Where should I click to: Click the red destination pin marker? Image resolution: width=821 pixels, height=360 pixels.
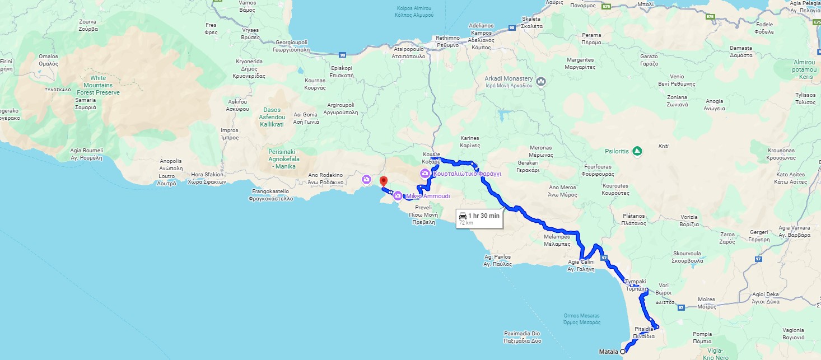pyautogui.click(x=384, y=181)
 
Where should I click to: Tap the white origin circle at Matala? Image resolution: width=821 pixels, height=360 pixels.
pyautogui.click(x=623, y=352)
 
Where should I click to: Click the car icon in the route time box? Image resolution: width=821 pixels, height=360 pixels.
pyautogui.click(x=463, y=216)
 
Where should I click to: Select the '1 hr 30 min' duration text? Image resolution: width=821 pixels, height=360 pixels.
pyautogui.click(x=484, y=216)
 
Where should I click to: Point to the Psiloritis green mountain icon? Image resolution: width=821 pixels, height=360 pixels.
pyautogui.click(x=637, y=151)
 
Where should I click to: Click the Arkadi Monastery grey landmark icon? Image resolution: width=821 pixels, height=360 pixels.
pyautogui.click(x=541, y=82)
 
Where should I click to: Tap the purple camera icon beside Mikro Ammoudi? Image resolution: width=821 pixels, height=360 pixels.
pyautogui.click(x=398, y=196)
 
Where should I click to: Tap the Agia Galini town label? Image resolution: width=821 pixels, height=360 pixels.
pyautogui.click(x=581, y=265)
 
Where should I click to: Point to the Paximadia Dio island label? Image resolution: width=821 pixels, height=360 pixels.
pyautogui.click(x=523, y=337)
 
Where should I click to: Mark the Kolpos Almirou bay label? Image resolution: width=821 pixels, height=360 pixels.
pyautogui.click(x=414, y=11)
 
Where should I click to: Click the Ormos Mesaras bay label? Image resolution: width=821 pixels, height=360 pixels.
pyautogui.click(x=582, y=319)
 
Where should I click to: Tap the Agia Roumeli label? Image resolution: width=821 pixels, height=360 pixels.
pyautogui.click(x=87, y=154)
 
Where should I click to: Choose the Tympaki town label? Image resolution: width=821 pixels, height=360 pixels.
pyautogui.click(x=636, y=285)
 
